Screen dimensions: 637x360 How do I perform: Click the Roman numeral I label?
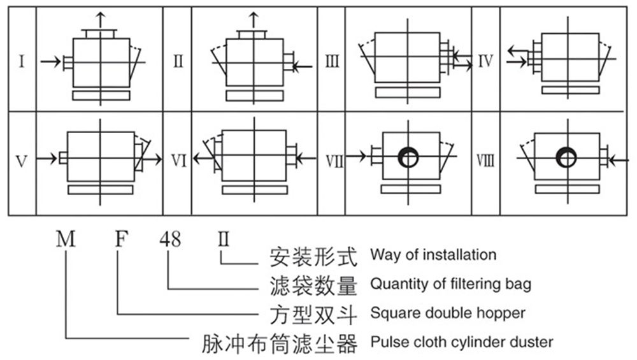(x=22, y=61)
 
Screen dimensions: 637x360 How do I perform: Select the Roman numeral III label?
(x=332, y=61)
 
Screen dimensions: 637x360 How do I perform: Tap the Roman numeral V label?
(x=22, y=161)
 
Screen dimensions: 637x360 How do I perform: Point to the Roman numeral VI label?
(x=178, y=161)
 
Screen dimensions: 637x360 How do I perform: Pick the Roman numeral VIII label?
(x=485, y=161)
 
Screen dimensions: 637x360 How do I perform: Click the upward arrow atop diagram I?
(x=101, y=20)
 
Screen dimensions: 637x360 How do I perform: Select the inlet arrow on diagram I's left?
(x=50, y=62)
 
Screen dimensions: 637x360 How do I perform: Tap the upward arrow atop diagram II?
(x=254, y=20)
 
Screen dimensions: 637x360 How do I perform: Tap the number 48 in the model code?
(x=170, y=239)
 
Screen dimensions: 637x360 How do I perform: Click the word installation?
(x=459, y=255)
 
